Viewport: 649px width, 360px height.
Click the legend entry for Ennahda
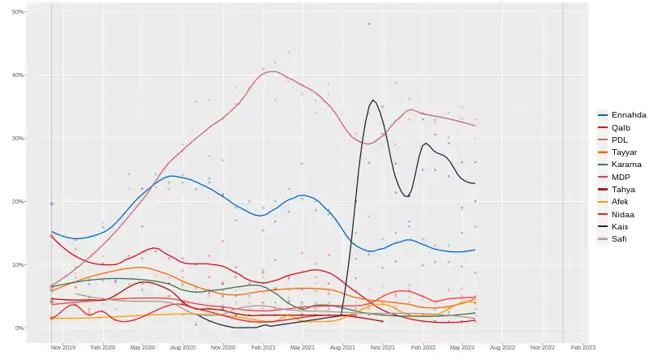[628, 115]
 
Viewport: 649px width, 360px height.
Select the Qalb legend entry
[620, 127]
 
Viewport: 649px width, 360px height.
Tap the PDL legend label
[619, 139]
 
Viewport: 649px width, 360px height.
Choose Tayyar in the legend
[623, 152]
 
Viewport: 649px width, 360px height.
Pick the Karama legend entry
[625, 165]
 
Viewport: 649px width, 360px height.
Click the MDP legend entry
[620, 177]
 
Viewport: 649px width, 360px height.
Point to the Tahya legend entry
[623, 189]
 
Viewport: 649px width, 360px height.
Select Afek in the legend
[621, 202]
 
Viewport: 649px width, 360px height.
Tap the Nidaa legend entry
[623, 214]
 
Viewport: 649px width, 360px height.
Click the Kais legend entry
[620, 226]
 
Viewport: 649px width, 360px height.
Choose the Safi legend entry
[619, 238]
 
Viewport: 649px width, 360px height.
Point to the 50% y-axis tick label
[18, 12]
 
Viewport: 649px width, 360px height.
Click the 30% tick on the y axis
[18, 139]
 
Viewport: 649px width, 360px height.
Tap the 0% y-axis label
[19, 328]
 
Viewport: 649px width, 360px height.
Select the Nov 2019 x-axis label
[62, 347]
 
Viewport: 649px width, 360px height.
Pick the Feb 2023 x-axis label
[582, 347]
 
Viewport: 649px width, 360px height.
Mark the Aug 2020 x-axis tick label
[183, 347]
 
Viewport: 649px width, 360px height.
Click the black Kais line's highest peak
[373, 101]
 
